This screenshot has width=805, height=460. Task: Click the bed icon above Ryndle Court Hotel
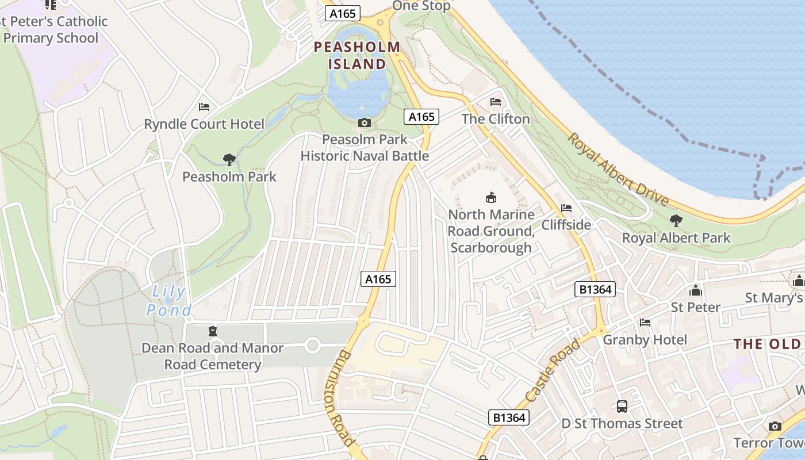click(x=204, y=107)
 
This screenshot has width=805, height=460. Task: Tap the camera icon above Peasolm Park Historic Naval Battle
click(x=364, y=122)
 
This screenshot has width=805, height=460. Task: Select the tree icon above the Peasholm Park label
click(x=229, y=159)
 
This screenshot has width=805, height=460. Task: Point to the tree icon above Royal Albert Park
click(x=676, y=220)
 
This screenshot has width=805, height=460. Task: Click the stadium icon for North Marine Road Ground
click(x=490, y=197)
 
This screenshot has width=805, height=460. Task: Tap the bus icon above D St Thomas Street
click(x=622, y=407)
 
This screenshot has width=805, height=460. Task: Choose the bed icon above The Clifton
click(x=495, y=102)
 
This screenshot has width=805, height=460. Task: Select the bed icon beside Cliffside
click(x=566, y=208)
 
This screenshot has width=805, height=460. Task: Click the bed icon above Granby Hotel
click(x=645, y=323)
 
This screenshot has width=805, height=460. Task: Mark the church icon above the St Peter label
click(x=695, y=290)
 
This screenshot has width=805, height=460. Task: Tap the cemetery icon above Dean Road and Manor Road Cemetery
click(x=213, y=331)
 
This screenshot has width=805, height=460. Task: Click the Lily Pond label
click(x=168, y=301)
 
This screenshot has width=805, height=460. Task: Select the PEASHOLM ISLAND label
click(x=357, y=55)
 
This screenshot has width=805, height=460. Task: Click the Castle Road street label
click(x=553, y=371)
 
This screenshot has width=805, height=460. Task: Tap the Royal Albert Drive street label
click(x=618, y=169)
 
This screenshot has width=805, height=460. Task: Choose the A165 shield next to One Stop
click(x=342, y=14)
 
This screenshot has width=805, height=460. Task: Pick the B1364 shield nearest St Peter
click(x=595, y=289)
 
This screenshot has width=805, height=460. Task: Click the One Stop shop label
click(x=421, y=6)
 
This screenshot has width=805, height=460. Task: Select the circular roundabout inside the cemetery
click(x=312, y=346)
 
